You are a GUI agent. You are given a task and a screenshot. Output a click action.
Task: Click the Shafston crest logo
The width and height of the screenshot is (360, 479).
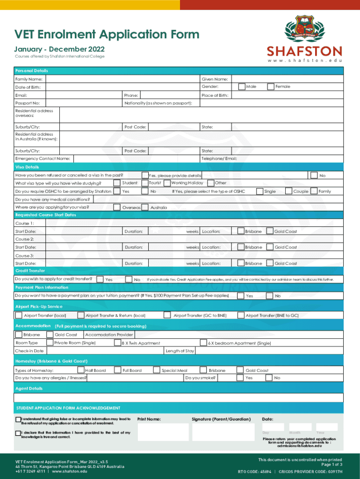click(304, 29)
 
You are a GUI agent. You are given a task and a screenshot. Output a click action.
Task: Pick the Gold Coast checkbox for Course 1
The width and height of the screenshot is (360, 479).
click(270, 231)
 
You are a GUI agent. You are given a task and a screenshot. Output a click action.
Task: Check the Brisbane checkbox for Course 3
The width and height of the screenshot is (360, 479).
click(241, 263)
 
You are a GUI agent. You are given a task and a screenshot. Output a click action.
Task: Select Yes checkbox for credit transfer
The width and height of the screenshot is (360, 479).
click(100, 279)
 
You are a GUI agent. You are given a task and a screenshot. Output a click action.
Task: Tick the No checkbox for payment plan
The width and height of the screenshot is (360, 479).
click(270, 296)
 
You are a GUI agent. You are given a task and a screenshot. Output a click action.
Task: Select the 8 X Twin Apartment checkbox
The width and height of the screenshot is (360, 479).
click(117, 343)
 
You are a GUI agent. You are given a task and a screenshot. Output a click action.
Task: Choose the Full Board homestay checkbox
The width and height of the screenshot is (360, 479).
click(117, 370)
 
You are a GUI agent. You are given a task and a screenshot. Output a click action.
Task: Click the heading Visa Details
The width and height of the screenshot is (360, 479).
click(27, 167)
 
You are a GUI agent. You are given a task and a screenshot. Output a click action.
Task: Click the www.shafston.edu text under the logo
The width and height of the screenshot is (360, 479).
click(304, 61)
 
